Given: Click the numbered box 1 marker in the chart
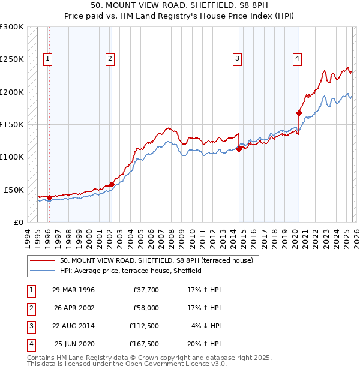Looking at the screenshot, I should point(47,58).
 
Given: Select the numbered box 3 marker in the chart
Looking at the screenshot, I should point(238,58).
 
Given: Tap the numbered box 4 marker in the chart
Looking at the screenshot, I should point(297,58).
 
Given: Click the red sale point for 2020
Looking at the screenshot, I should point(298,113).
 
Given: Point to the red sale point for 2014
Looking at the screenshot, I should point(239,149).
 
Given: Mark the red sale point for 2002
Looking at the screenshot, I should point(112,184).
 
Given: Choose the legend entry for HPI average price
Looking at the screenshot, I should point(130,271).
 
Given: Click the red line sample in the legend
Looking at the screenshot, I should point(42,260).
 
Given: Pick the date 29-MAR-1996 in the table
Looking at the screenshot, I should point(73,290).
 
